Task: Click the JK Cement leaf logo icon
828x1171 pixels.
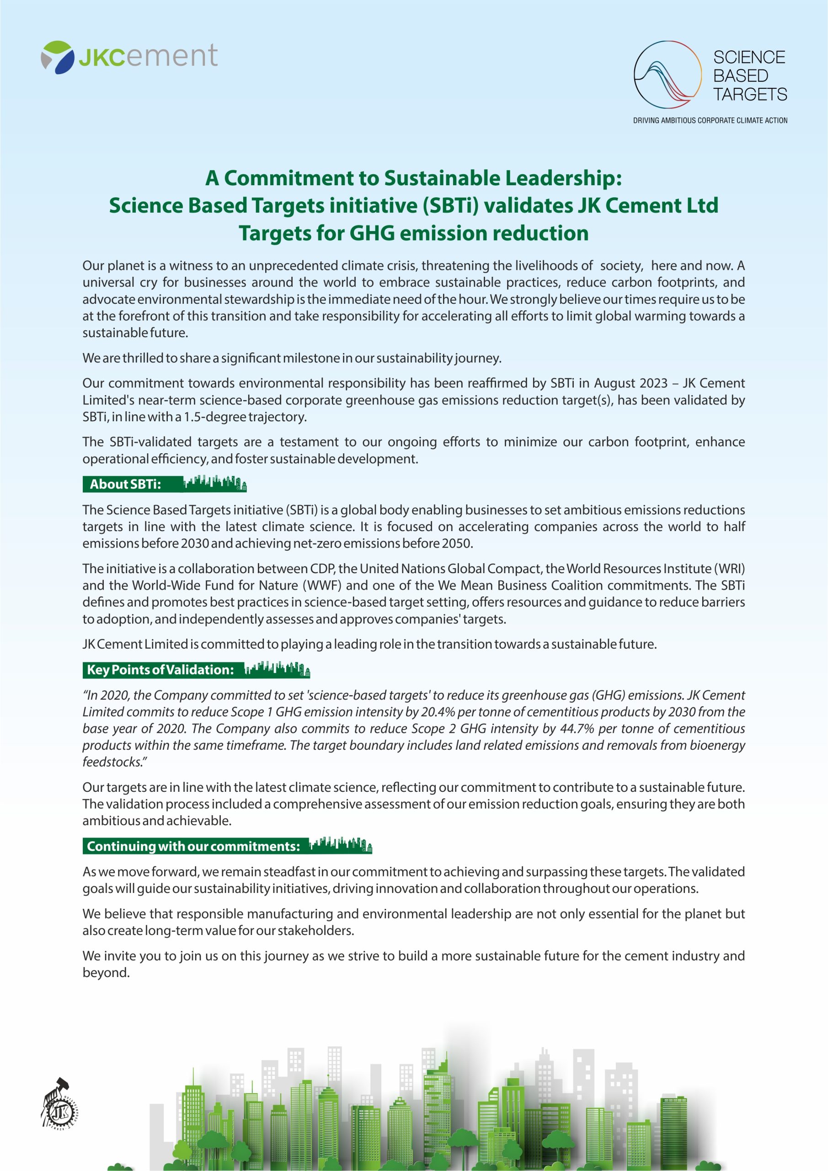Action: pos(57,57)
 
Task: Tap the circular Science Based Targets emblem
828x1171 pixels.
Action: pos(668,75)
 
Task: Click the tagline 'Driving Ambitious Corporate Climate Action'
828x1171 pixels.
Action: pos(710,121)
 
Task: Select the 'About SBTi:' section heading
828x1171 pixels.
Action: pos(125,484)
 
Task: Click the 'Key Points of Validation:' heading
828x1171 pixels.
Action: pos(160,670)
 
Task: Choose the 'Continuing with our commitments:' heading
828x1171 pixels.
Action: pos(193,847)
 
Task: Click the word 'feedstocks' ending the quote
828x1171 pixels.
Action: pos(112,762)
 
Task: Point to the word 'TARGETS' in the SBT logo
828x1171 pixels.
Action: pos(749,95)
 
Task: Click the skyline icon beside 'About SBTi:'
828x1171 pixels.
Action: pos(214,483)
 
